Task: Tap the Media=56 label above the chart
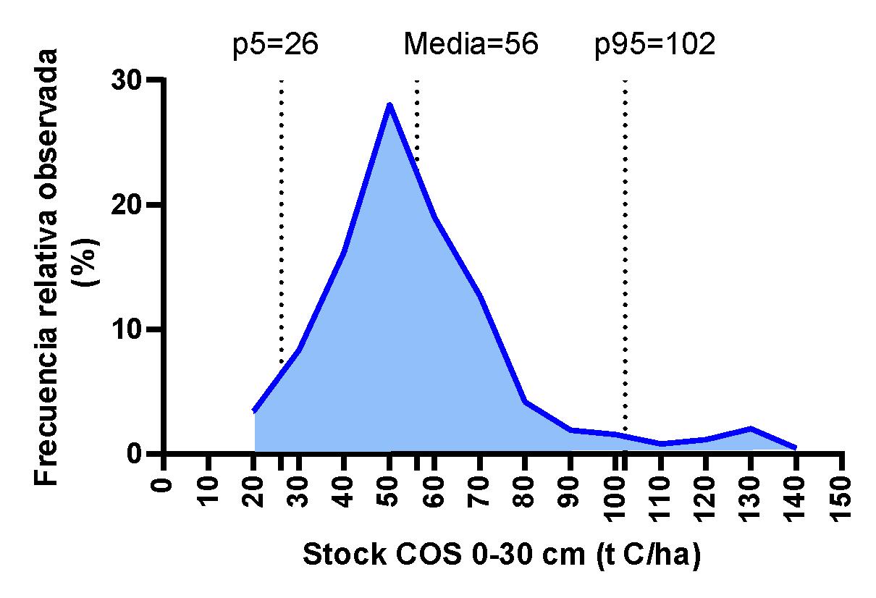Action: pos(471,43)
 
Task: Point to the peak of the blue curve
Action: pos(389,105)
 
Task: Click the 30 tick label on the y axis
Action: pos(126,81)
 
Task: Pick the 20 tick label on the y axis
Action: pos(126,205)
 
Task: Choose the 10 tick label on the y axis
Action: pos(126,329)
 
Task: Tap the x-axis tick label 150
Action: pos(841,499)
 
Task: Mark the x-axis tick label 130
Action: pos(750,499)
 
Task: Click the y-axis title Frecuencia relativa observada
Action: pos(46,266)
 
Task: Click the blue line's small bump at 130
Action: pos(751,429)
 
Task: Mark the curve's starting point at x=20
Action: pos(255,410)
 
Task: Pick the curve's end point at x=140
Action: pos(795,447)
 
